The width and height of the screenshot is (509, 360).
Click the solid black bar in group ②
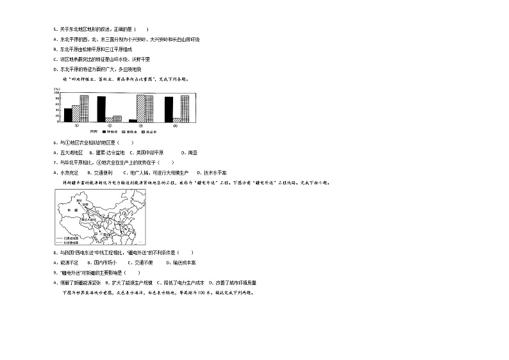pyautogui.click(x=101, y=109)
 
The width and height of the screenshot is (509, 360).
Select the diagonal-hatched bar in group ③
pyautogui.click(x=140, y=108)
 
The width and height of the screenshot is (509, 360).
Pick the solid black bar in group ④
pyautogui.click(x=169, y=109)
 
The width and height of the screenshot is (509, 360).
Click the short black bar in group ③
pyautogui.click(x=133, y=120)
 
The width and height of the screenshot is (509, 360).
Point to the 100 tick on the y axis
pyautogui.click(x=56, y=92)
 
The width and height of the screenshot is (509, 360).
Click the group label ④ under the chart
pyautogui.click(x=174, y=126)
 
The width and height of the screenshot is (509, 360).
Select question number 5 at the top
pyautogui.click(x=55, y=29)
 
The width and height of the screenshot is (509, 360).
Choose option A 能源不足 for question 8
pyautogui.click(x=65, y=262)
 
